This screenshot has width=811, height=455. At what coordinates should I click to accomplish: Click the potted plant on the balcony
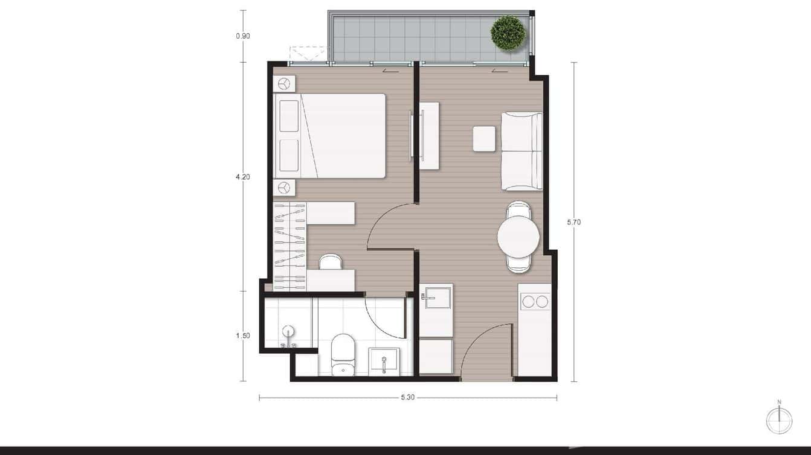[x=508, y=33]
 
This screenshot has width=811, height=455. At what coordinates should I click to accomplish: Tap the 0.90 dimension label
[x=243, y=36]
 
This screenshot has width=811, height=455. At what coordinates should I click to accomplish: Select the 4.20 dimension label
[x=243, y=177]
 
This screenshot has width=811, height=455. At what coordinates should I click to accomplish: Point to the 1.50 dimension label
[x=243, y=336]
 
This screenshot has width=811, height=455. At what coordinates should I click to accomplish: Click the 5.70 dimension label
[x=574, y=222]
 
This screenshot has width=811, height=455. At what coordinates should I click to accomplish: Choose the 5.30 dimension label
[x=408, y=398]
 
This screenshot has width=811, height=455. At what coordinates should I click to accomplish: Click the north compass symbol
[x=779, y=420]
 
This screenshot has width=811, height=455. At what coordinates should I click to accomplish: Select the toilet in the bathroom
[x=344, y=355]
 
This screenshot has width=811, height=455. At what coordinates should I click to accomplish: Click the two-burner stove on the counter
[x=535, y=301]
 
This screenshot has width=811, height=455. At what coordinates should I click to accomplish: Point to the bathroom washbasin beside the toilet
[x=383, y=362]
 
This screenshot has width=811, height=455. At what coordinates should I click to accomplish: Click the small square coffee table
[x=484, y=138]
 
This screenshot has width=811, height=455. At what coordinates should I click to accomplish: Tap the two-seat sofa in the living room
[x=522, y=151]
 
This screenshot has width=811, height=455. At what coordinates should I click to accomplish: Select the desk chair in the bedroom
[x=330, y=262]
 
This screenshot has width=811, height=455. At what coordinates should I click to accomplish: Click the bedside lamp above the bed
[x=285, y=83]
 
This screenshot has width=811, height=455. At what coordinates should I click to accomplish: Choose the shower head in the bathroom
[x=289, y=331]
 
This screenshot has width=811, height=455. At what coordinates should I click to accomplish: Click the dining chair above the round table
[x=520, y=210]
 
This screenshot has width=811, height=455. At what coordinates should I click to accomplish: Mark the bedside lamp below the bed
[x=285, y=188]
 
